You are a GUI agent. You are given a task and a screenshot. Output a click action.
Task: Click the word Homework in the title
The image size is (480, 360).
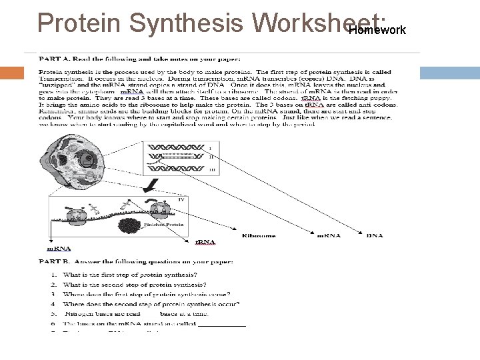point(377,30)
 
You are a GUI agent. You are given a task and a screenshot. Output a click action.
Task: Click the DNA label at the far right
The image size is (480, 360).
point(374,235)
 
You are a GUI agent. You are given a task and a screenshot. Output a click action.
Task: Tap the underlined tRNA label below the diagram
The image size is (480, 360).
point(204,242)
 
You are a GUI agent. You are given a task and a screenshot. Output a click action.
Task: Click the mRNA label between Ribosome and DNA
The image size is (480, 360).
point(327,235)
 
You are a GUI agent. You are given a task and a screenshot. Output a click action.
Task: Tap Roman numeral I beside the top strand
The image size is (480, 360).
point(210,147)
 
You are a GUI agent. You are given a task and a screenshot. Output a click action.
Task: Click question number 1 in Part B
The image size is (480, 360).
point(53,275)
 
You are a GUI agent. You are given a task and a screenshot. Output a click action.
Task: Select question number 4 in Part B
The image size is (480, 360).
point(53,304)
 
